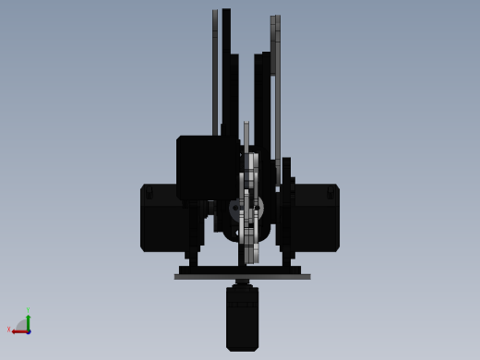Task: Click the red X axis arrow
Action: coord(18,330)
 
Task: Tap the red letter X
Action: coord(9,330)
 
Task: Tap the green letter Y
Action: coord(28,310)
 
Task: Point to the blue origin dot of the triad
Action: coord(29,330)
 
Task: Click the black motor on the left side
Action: coord(162,218)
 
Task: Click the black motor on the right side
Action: coord(317,218)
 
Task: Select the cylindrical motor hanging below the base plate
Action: coord(242,318)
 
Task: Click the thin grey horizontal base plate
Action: coord(242,276)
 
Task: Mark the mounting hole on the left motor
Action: coord(149,193)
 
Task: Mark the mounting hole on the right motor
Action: coord(330,193)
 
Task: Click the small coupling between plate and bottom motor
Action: coord(242,282)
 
